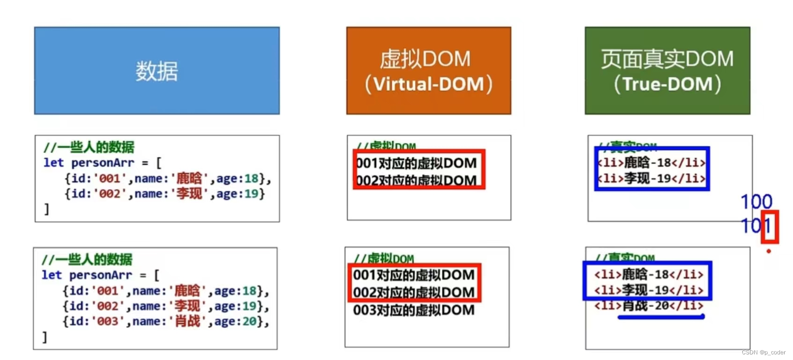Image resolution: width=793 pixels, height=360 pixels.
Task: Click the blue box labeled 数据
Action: coord(157,71)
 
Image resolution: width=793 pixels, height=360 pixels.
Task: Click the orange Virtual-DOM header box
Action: coord(428,71)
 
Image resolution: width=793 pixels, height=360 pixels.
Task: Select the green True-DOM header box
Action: coord(667,71)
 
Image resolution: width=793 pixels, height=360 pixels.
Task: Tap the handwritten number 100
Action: coord(756,202)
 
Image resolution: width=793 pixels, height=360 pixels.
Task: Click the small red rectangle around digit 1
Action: coord(770,227)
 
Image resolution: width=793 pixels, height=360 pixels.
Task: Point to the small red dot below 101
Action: coord(769,251)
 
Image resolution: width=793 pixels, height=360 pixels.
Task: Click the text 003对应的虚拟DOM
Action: coord(414,310)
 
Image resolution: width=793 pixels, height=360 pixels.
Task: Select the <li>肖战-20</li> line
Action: coord(649,306)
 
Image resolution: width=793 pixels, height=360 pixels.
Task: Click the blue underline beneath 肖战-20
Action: coord(661,317)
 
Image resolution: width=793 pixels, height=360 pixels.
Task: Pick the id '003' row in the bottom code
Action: coord(166,322)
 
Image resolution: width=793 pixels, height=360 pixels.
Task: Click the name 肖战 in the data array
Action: coord(187,322)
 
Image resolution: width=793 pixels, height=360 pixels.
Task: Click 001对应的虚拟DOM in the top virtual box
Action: coord(416,163)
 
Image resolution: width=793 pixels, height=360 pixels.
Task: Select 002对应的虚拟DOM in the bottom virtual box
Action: coord(414,293)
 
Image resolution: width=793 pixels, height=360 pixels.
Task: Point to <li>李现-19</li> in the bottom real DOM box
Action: coord(649,290)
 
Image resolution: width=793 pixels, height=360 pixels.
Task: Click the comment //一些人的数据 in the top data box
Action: coord(89,147)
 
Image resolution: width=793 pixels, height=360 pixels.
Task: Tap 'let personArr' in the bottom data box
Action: coord(87,275)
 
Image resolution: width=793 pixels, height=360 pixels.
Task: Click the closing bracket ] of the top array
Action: coord(46,209)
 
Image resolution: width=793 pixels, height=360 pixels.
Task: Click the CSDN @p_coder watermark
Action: coord(764,353)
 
